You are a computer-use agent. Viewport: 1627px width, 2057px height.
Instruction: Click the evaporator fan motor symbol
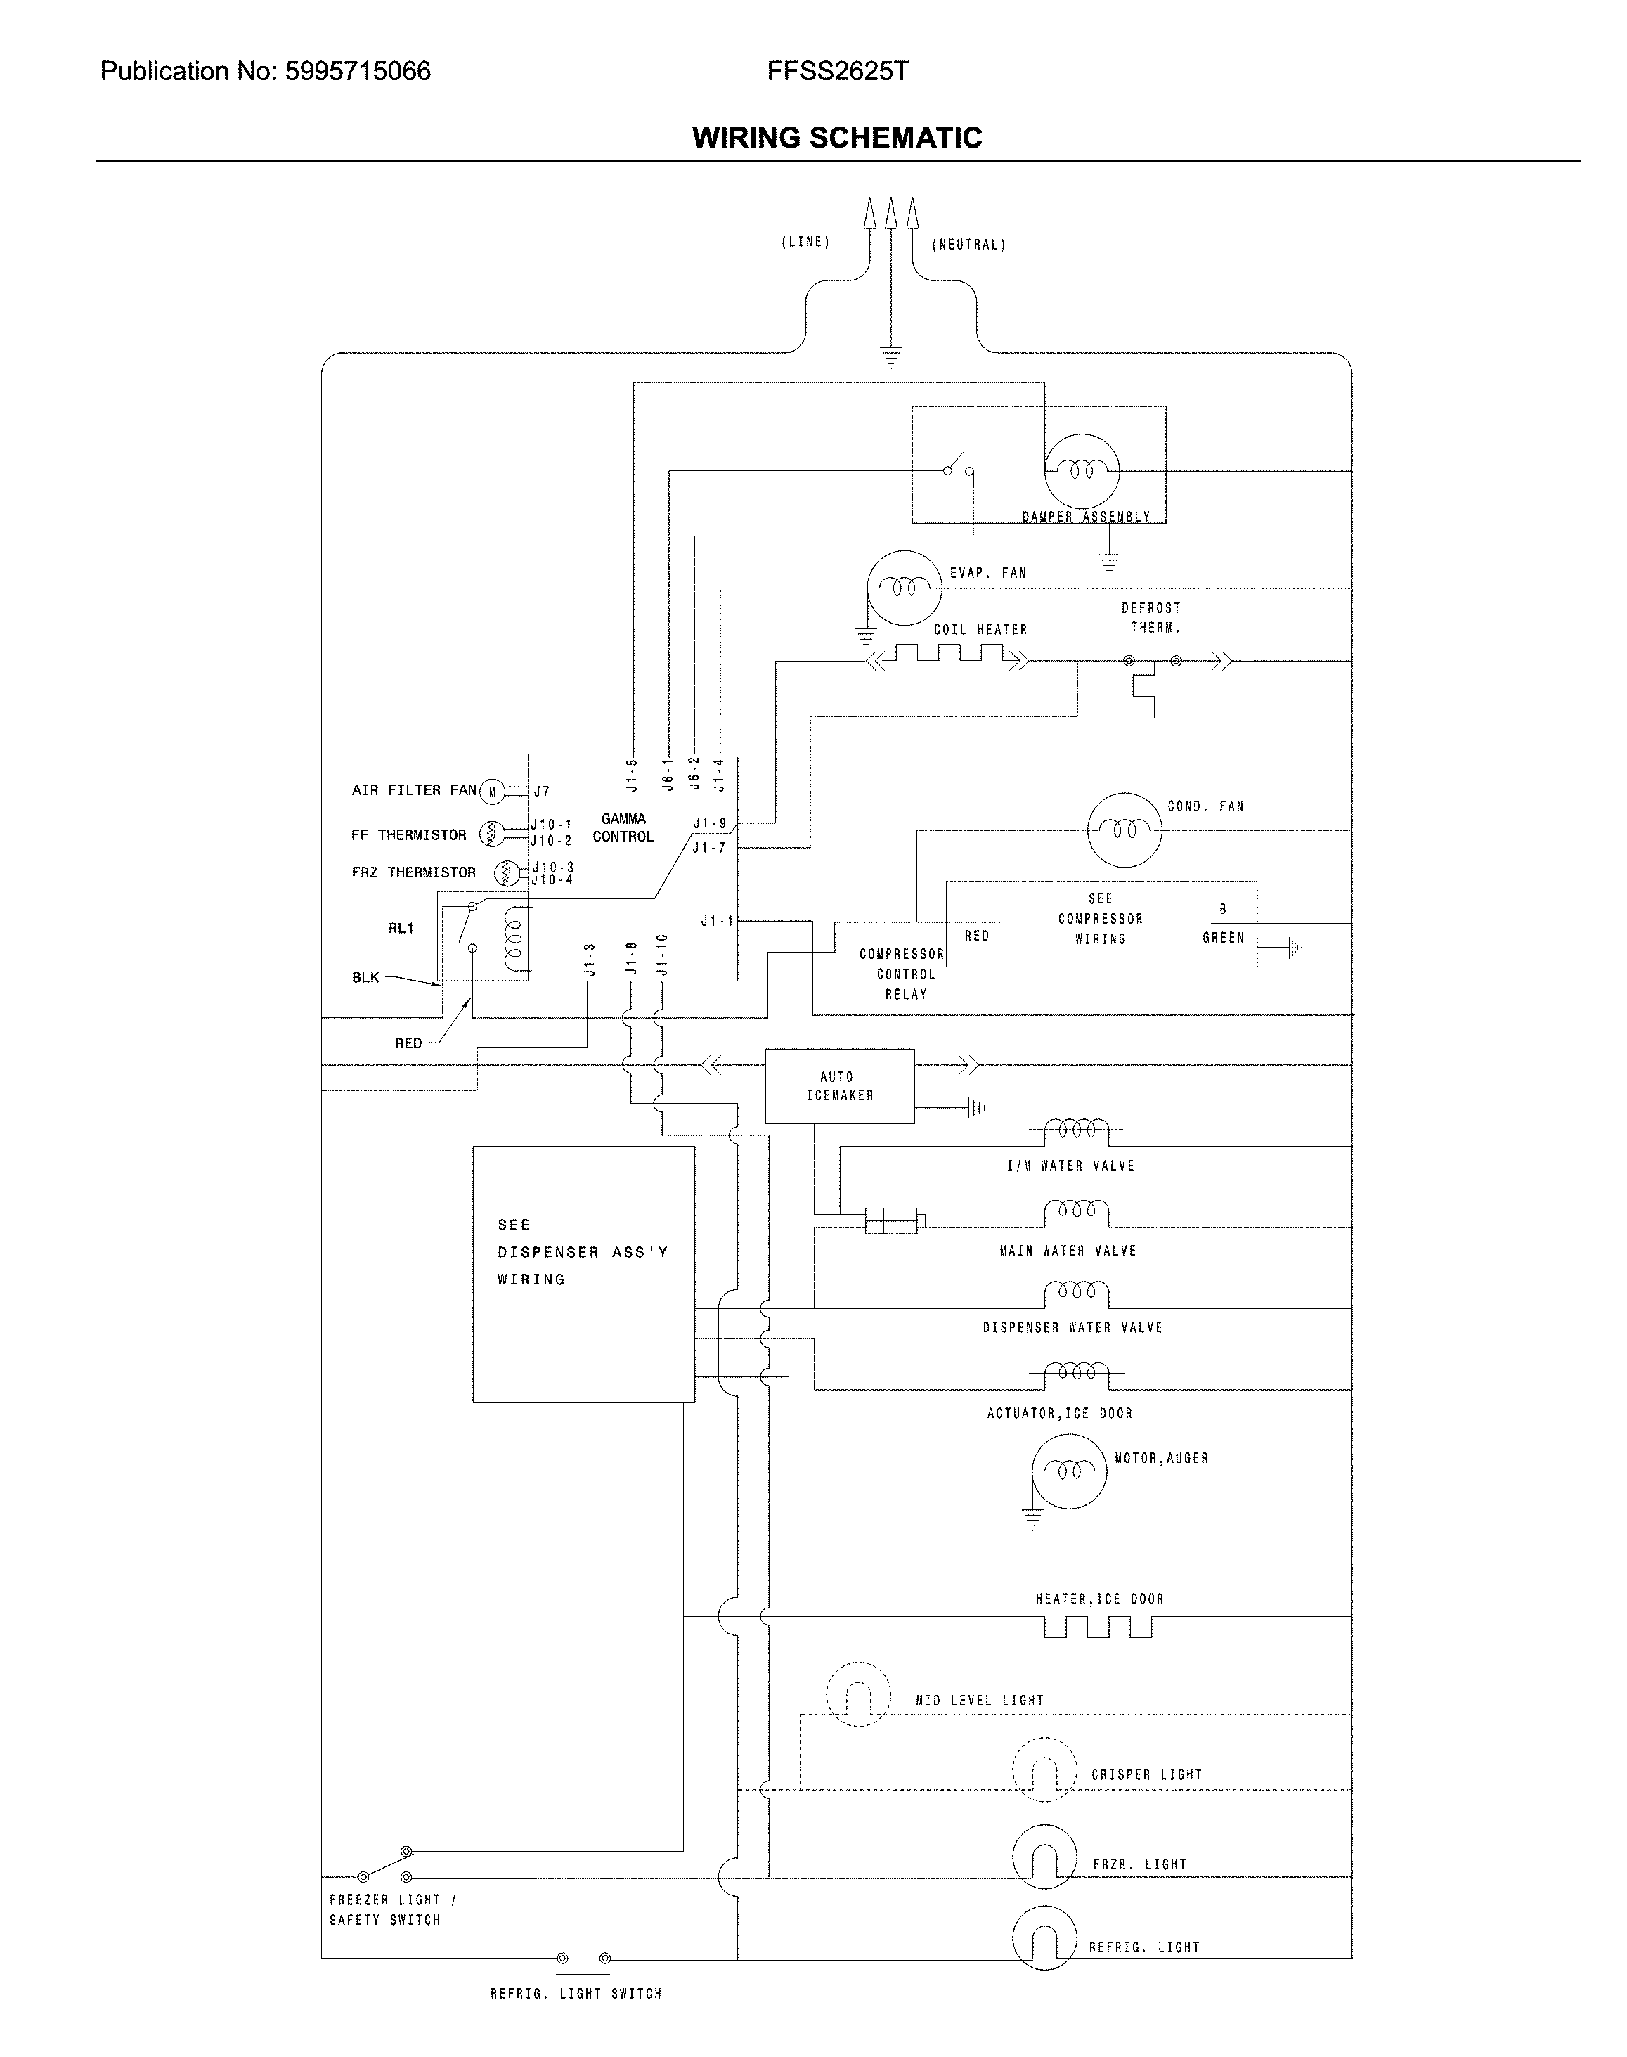pos(903,588)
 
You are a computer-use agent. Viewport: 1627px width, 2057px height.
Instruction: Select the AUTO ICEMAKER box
pos(839,1086)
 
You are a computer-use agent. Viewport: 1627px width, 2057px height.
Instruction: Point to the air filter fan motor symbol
pos(491,791)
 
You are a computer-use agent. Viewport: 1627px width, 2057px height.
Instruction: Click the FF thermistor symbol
pos(491,834)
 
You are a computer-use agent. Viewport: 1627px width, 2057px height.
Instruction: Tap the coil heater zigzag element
pos(948,655)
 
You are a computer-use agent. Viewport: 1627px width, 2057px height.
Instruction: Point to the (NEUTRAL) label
pos(968,245)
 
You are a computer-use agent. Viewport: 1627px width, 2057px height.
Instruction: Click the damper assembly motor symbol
pos(1081,470)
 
